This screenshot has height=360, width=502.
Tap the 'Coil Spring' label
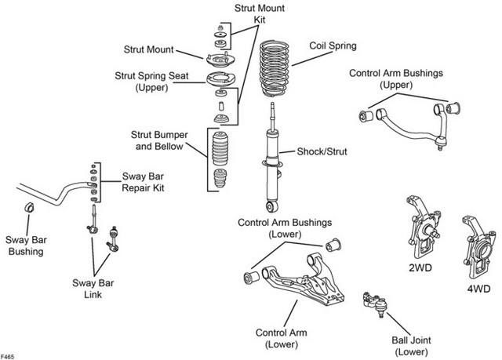pyautogui.click(x=333, y=45)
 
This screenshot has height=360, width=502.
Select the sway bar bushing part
pyautogui.click(x=29, y=207)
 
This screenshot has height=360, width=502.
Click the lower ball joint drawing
pyautogui.click(x=375, y=304)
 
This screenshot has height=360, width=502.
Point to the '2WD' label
pyautogui.click(x=420, y=267)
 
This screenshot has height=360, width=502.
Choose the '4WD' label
pyautogui.click(x=478, y=289)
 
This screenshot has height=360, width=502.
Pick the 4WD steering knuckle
pyautogui.click(x=478, y=246)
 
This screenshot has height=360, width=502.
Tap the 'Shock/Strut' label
pyautogui.click(x=322, y=151)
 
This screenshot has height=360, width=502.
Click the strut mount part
pyautogui.click(x=220, y=60)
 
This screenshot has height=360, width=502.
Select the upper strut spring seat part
pyautogui.click(x=220, y=79)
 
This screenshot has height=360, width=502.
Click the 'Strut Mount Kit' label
pyautogui.click(x=260, y=14)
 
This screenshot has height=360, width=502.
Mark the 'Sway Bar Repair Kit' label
pyautogui.click(x=143, y=182)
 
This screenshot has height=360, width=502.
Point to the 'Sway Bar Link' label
pyautogui.click(x=93, y=289)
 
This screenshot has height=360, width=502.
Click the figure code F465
pyautogui.click(x=7, y=357)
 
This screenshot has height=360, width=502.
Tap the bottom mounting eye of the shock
pyautogui.click(x=272, y=206)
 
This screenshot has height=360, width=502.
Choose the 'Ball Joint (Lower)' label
pyautogui.click(x=411, y=346)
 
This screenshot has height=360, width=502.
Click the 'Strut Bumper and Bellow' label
pyautogui.click(x=159, y=140)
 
